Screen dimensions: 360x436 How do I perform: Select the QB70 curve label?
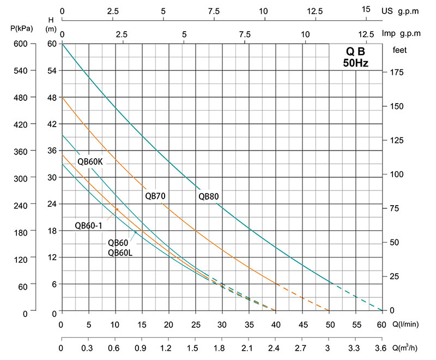pos(155,196)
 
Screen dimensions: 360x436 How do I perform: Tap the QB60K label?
pos(90,161)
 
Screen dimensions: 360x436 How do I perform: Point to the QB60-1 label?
pos(88,226)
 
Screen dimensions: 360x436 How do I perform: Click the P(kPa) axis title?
pos(20,29)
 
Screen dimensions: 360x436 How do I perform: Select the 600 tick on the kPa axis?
pos(20,44)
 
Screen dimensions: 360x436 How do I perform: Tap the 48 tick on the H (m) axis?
pos(52,97)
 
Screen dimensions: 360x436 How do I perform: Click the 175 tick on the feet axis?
pos(401,71)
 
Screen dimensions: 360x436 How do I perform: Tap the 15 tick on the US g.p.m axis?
pos(366,9)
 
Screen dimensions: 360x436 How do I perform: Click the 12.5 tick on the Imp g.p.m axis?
pos(365,34)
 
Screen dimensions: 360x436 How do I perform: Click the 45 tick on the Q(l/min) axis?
pos(302,325)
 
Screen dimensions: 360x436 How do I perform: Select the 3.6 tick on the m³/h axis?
pos(381,347)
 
